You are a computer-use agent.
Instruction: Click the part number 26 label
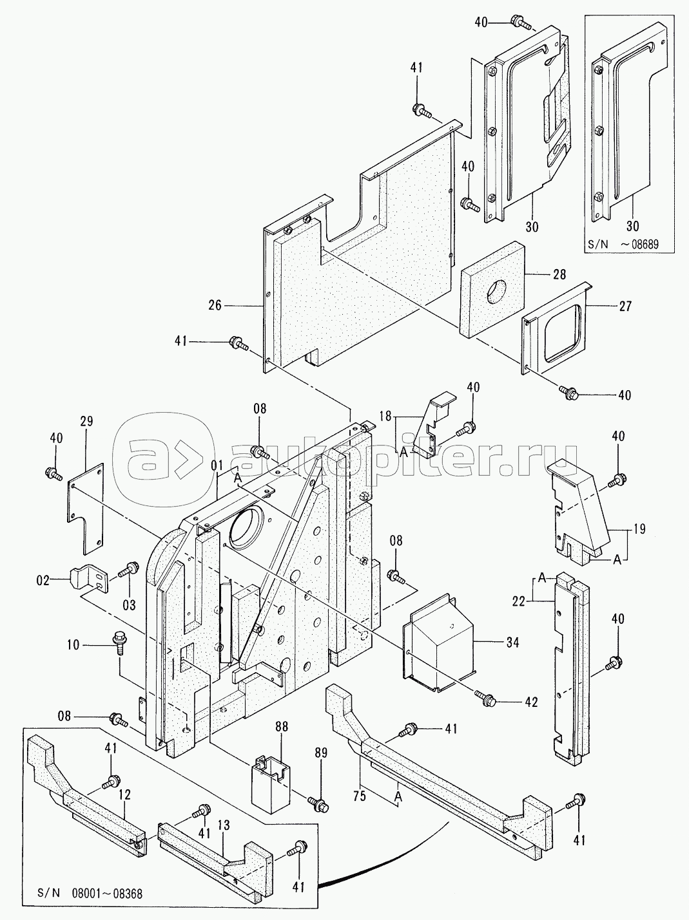click(x=215, y=306)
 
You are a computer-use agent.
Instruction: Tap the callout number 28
click(x=559, y=275)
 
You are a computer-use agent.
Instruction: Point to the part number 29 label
click(x=86, y=422)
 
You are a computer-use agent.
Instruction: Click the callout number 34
click(x=512, y=641)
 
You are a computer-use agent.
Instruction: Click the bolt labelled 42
click(x=485, y=696)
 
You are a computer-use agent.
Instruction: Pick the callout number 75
click(x=359, y=797)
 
